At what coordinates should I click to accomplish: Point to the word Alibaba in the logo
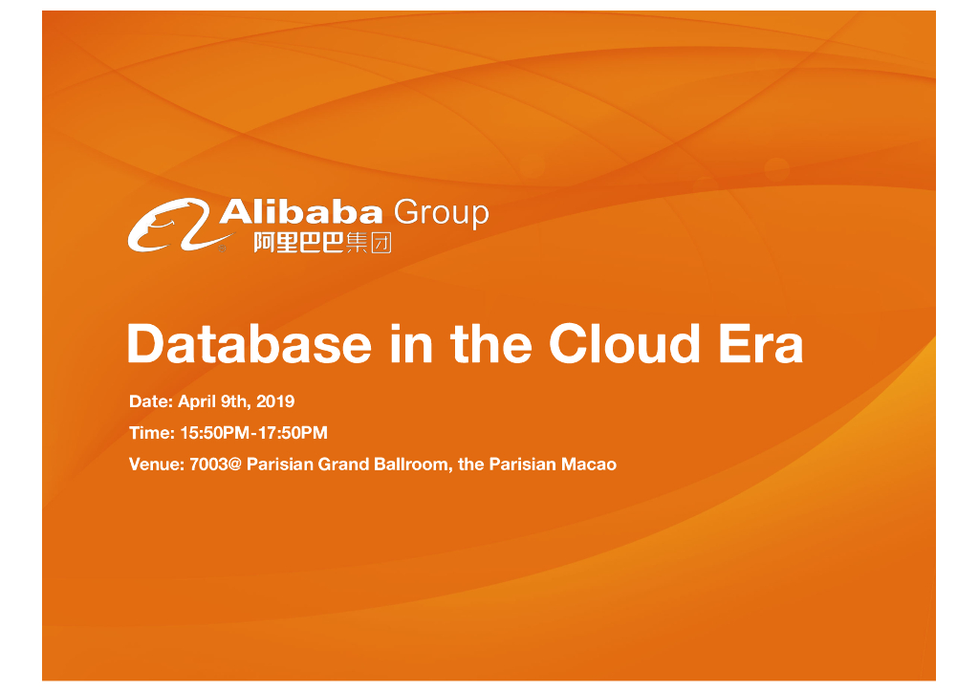(302, 211)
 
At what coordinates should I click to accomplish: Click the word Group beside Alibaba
(441, 213)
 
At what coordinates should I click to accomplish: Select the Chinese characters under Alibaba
(321, 244)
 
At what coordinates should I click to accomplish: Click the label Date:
(151, 401)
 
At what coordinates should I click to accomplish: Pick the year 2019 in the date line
(275, 401)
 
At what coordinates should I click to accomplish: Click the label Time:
(151, 433)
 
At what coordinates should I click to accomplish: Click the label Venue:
(157, 465)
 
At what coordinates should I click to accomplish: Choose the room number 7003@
(216, 465)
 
